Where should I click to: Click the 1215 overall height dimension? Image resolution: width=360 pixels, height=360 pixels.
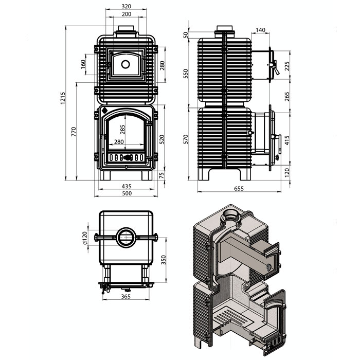63,98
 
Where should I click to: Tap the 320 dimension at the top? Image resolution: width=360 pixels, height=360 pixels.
127,6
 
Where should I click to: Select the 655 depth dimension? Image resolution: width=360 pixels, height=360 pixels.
239,189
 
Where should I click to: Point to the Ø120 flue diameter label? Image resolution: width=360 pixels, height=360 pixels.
84,238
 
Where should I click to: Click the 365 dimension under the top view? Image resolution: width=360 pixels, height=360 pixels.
126,296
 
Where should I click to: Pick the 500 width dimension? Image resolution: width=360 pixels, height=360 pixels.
127,193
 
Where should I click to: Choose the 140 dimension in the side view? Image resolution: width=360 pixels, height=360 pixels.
260,30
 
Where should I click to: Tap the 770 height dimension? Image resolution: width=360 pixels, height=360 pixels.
74,132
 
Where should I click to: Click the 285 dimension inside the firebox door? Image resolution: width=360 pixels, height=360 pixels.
122,130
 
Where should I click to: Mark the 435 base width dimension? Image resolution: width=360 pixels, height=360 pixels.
127,186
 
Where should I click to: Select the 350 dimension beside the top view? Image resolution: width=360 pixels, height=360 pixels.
163,260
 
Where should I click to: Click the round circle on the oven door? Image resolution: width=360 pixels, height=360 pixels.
125,64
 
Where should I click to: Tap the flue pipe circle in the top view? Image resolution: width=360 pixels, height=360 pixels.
126,238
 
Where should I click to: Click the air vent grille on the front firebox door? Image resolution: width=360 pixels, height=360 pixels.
127,158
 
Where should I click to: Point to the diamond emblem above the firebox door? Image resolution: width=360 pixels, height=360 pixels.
104,110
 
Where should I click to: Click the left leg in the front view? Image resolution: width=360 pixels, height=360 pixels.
105,175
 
